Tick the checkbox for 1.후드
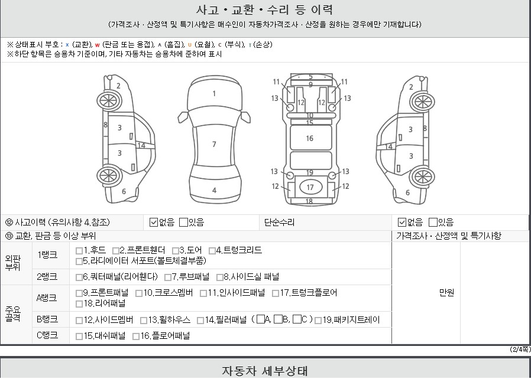tap(79, 251)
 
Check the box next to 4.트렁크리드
tap(212, 251)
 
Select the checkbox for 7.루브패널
tap(168, 277)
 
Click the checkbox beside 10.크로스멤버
tap(139, 293)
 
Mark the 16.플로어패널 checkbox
tap(136, 336)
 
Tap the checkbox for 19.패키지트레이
tap(318, 321)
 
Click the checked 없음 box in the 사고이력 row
tap(154, 223)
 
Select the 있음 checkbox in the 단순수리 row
tap(433, 223)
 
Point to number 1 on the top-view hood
tap(214, 94)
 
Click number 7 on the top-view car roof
tap(214, 145)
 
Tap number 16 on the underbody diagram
tap(309, 138)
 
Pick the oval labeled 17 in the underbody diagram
tap(310, 187)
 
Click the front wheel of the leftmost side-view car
tap(109, 101)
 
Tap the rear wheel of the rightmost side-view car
tap(422, 177)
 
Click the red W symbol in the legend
tap(97, 45)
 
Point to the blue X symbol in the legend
tap(67, 45)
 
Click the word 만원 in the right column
tap(446, 292)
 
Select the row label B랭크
tap(47, 319)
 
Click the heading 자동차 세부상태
tap(265, 371)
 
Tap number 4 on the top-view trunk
tap(215, 190)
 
